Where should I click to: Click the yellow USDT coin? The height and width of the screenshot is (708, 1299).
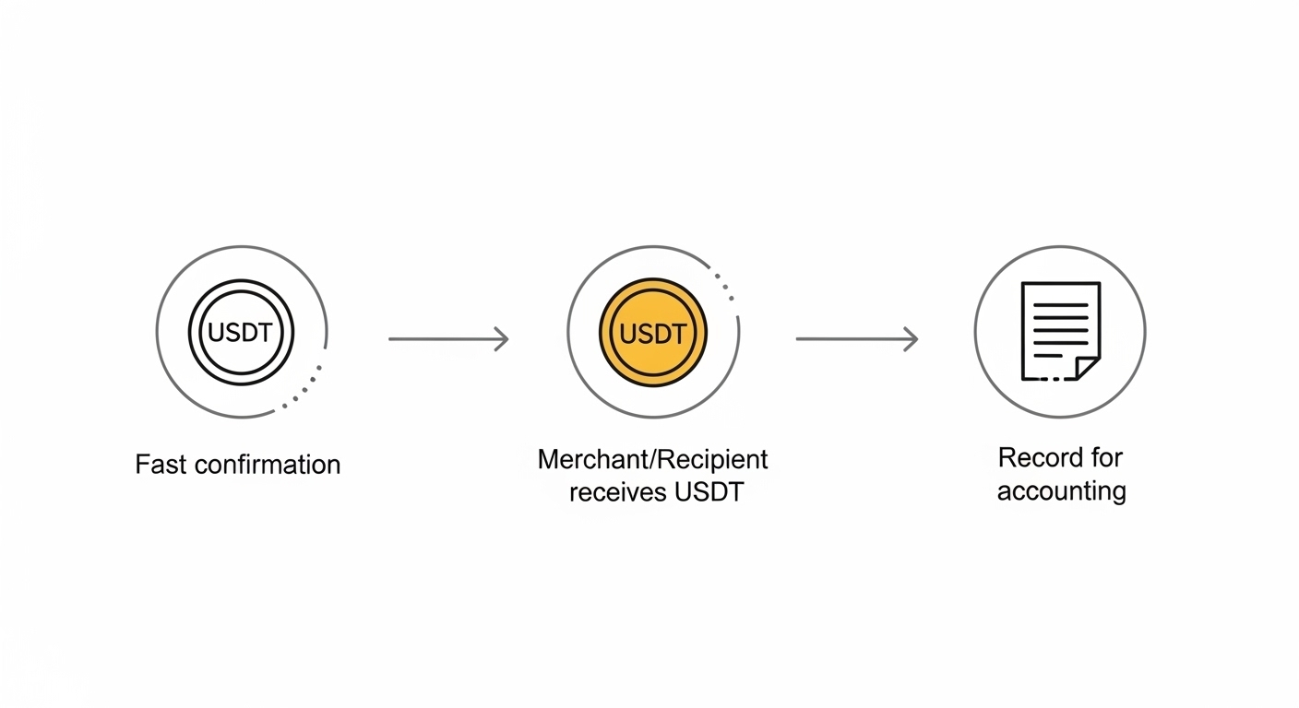coord(653,333)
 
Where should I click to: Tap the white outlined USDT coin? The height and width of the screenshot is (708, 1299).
coord(241,332)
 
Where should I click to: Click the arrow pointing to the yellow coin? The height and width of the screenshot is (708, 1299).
coord(448,339)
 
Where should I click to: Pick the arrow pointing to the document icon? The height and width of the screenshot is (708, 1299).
coord(856,339)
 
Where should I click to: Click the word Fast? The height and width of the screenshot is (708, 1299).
coord(159,464)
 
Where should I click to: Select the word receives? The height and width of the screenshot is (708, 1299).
coord(617,492)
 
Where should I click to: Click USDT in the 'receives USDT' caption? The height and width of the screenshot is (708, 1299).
coord(709,492)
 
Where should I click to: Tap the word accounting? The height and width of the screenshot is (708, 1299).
coord(1061,491)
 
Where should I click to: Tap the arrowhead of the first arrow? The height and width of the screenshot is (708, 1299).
coord(502,339)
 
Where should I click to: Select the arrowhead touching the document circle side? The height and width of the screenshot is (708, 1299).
coord(911,339)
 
